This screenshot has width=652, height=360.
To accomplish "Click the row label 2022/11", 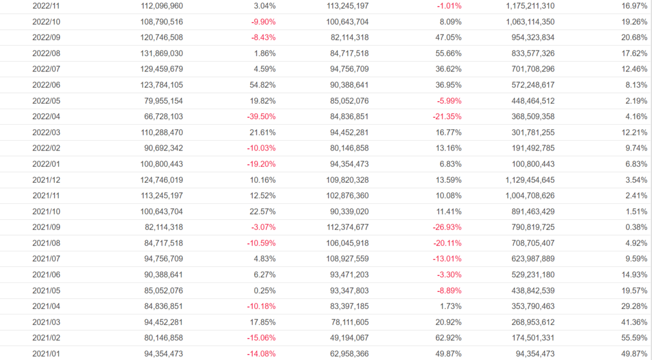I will (x=46, y=6).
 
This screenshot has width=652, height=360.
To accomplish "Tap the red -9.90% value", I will (x=262, y=22).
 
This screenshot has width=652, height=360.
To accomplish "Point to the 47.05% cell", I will (x=448, y=38).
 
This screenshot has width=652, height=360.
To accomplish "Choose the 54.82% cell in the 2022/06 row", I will (x=262, y=85).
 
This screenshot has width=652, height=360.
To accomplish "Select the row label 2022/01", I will (x=46, y=164).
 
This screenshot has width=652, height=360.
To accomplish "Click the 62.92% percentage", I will (x=448, y=337).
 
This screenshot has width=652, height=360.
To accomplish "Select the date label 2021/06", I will (x=46, y=274).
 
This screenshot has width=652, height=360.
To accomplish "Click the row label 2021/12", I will (x=46, y=180).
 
